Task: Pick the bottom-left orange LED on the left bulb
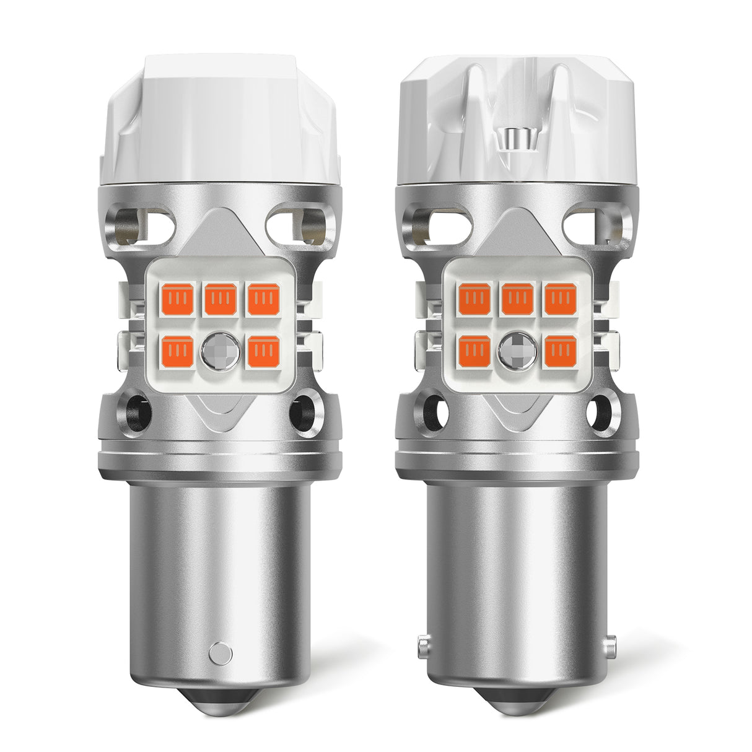coord(179,349)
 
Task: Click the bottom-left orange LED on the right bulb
coord(476,349)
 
